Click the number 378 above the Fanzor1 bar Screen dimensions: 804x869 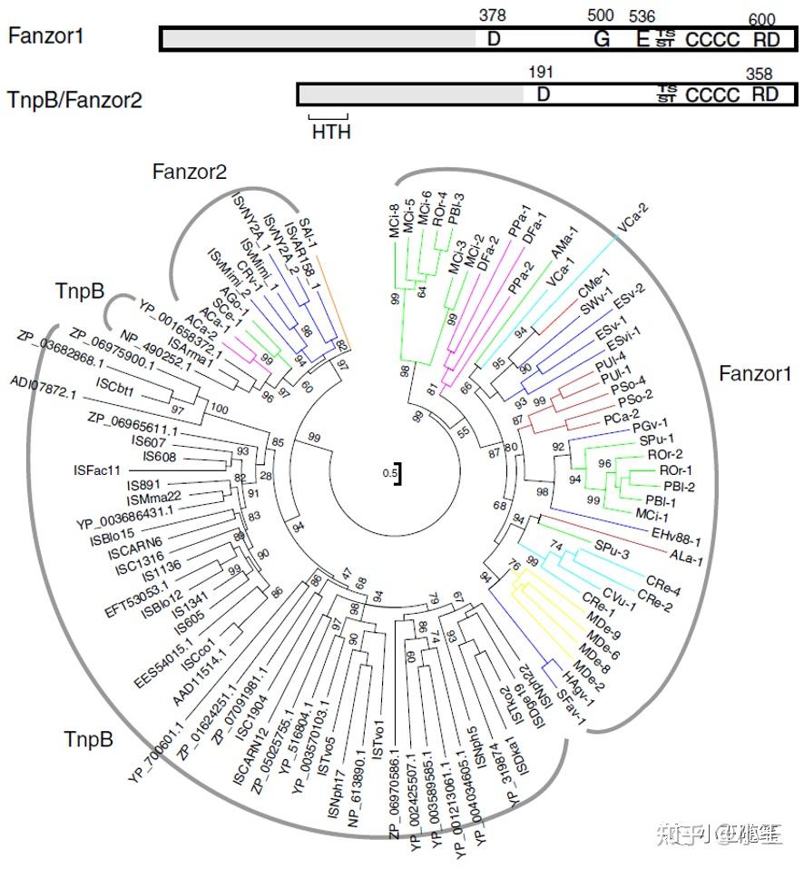pyautogui.click(x=492, y=15)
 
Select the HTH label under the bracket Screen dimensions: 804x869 pyautogui.click(x=330, y=132)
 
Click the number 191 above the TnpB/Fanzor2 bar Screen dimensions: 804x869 pyautogui.click(x=539, y=71)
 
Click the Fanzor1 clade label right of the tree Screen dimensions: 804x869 pyautogui.click(x=755, y=373)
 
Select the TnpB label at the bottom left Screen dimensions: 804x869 pyautogui.click(x=89, y=739)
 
